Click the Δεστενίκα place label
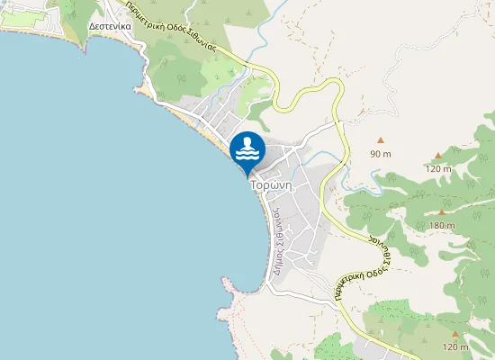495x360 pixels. click(x=112, y=26)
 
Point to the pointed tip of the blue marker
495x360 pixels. click(x=247, y=175)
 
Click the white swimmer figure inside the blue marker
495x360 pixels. click(x=247, y=147)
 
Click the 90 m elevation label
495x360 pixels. click(x=381, y=154)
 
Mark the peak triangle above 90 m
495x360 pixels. click(x=381, y=139)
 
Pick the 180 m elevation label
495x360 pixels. click(x=442, y=225)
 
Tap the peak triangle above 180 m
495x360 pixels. click(x=442, y=211)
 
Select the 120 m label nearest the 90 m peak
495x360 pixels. click(x=438, y=169)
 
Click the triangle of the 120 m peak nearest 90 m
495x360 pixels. click(x=438, y=156)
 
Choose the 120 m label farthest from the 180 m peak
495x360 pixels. click(x=455, y=347)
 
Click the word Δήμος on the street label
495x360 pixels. click(x=280, y=260)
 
